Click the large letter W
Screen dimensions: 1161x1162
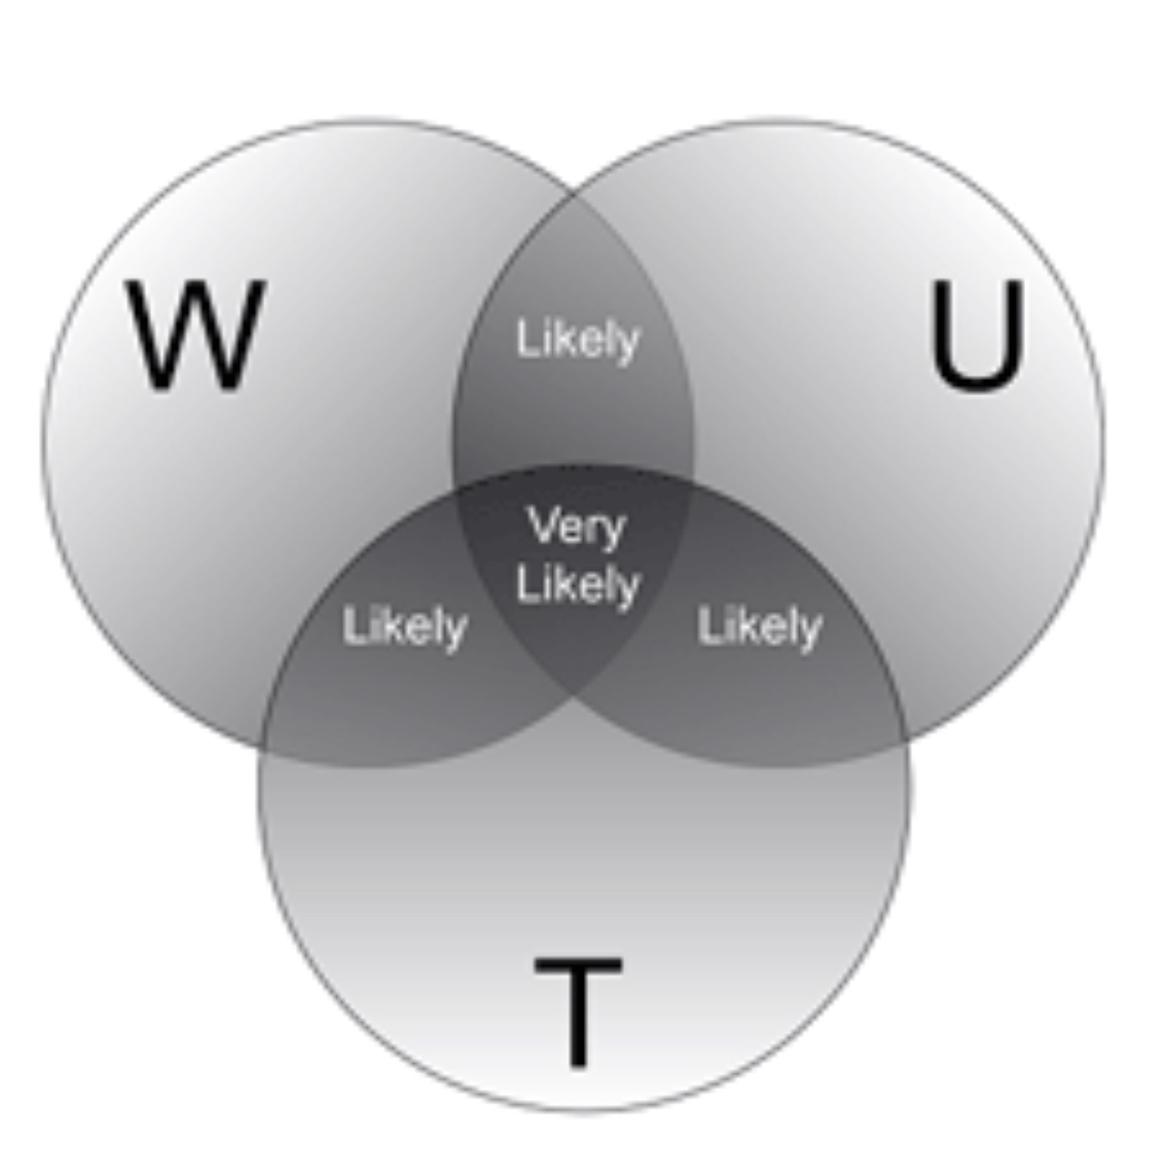(196, 335)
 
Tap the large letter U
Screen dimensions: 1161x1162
(978, 334)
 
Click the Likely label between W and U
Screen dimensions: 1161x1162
(578, 339)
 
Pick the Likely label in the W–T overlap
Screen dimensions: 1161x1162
(404, 627)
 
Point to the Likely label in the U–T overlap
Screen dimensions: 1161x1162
(759, 627)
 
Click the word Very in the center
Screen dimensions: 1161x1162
(577, 526)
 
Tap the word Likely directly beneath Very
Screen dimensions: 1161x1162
(578, 585)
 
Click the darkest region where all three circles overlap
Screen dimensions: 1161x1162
(574, 636)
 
